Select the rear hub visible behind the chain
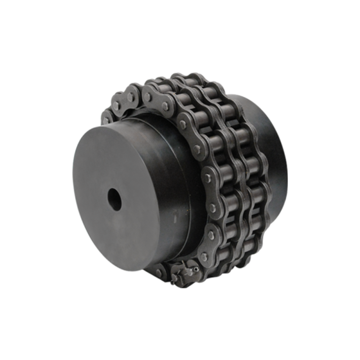tap(270, 148)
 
